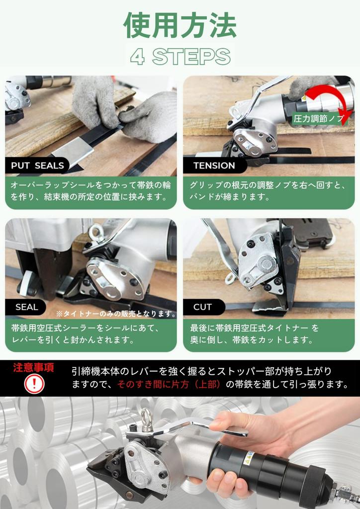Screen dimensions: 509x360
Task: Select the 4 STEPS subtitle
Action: (180, 57)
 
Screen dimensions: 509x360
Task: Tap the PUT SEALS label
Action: (37, 166)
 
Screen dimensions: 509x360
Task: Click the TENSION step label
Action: (214, 166)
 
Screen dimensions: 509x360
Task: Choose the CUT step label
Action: (202, 307)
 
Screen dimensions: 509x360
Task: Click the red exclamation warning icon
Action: (34, 384)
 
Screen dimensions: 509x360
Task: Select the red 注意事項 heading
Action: (34, 368)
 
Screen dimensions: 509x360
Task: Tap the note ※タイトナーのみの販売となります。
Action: (116, 314)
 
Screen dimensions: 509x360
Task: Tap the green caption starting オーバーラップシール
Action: (91, 191)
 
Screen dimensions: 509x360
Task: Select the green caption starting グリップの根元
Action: (269, 191)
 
